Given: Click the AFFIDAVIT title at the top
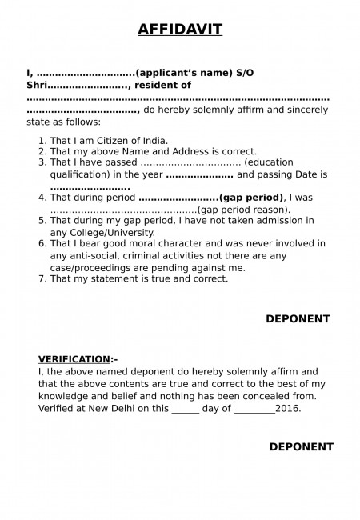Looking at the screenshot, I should (x=180, y=30).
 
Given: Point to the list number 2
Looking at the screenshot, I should (x=42, y=151).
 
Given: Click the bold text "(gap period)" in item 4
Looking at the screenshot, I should (x=250, y=197).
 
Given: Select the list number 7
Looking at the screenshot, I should (x=42, y=278).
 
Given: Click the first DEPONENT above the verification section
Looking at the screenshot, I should (x=298, y=318).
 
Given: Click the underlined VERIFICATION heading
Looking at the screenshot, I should (x=74, y=359).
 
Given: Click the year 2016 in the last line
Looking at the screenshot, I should (x=287, y=407).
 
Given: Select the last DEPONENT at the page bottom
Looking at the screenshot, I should (x=300, y=446).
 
